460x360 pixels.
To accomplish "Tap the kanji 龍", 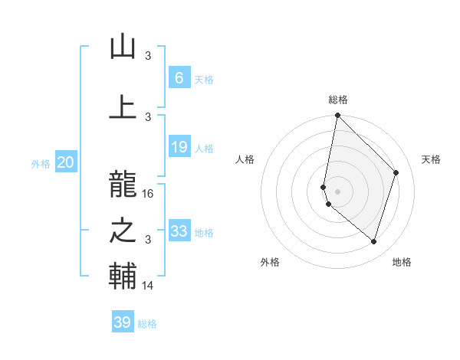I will pos(123,182).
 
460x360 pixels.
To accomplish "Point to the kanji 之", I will pos(123,229).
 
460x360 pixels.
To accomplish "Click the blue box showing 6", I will pos(179,77).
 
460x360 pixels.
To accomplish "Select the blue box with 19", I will pos(179,147).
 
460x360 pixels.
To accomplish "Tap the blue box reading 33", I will pos(179,231).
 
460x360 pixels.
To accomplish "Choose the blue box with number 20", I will pos(66,162).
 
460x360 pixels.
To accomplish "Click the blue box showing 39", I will pos(123,322).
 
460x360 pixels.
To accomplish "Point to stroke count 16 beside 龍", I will pos(149,194).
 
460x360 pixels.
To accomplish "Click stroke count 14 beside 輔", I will pos(149,286).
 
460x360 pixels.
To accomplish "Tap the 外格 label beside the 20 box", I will pos(41,162).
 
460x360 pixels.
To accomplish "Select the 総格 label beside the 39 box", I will pos(147,323).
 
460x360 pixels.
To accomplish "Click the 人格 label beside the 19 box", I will pos(204,148).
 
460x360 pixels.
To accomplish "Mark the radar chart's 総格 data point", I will pos(337,115).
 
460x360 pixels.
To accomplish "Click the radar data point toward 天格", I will pos(396,172).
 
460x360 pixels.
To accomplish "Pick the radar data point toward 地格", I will pos(373,241).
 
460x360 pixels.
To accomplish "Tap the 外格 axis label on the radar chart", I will pos(270,262).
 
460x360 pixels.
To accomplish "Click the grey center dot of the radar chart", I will pos(337,191).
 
